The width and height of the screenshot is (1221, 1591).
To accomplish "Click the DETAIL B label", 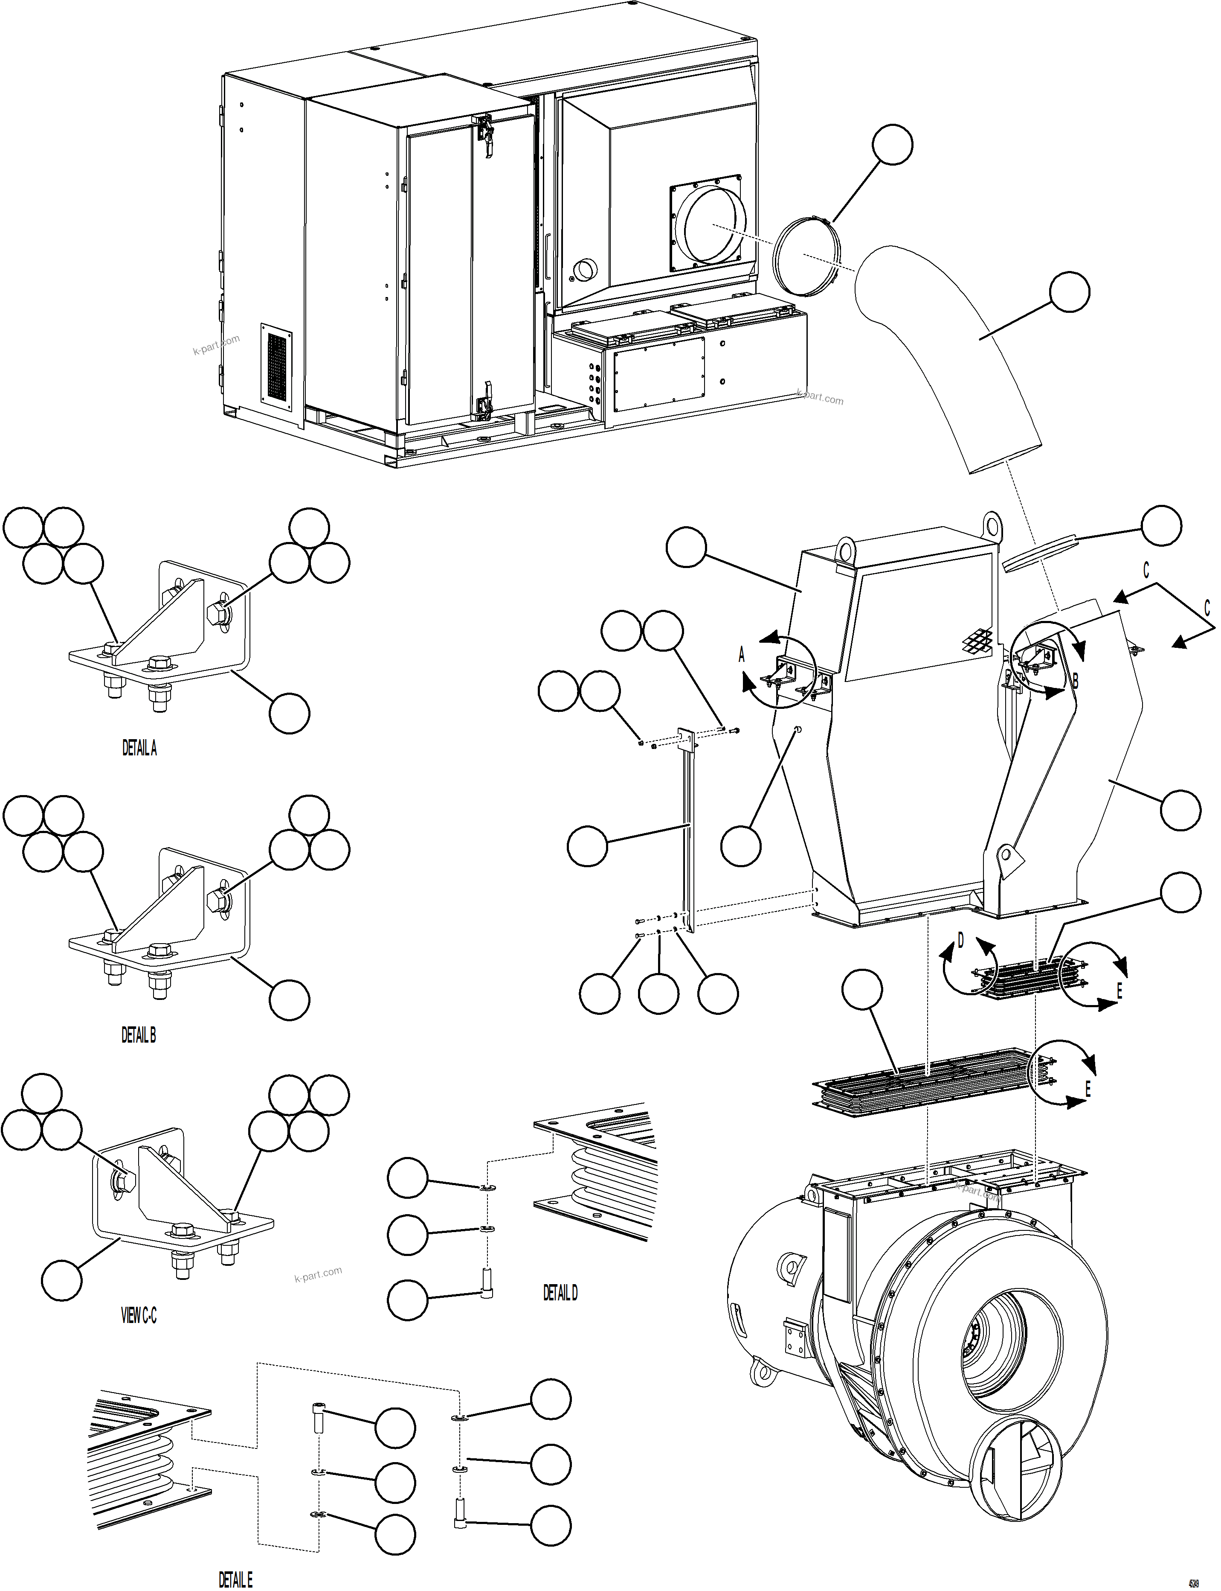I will (138, 1035).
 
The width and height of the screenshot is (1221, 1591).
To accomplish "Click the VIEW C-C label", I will (138, 1315).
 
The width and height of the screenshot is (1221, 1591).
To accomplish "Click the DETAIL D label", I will (560, 1293).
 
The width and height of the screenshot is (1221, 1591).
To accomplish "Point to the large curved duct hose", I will (952, 356).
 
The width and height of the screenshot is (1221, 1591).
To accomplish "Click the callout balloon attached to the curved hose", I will (1069, 291).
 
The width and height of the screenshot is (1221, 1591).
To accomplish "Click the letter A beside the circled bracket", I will (742, 656).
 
